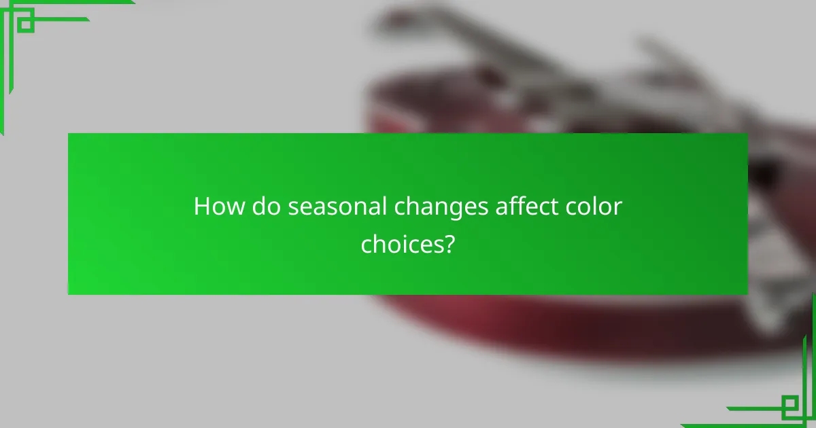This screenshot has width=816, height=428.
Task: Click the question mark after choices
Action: tap(449, 243)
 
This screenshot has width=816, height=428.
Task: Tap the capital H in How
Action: tap(202, 206)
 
